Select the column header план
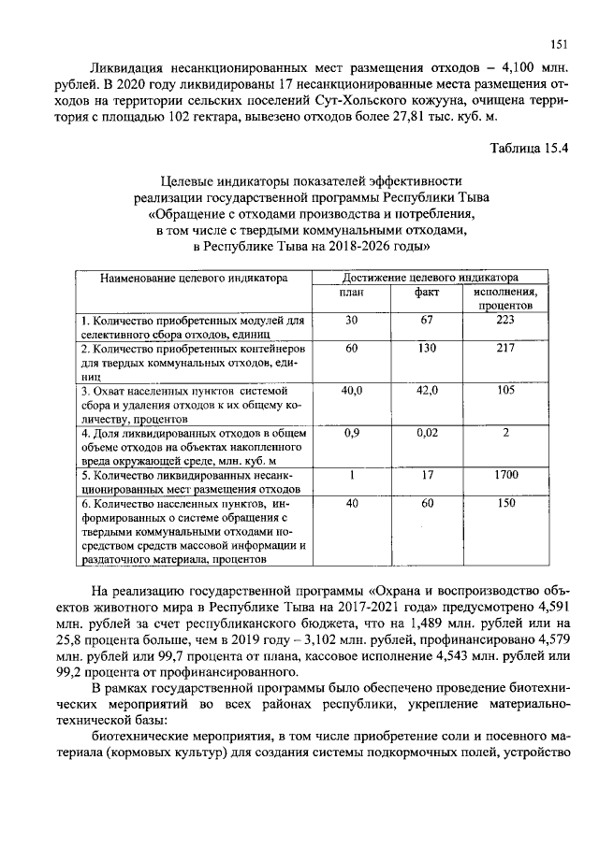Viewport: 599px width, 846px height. (352, 293)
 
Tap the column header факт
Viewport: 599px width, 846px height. (428, 293)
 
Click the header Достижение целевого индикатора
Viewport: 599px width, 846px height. (431, 278)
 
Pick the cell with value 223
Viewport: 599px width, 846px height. (506, 321)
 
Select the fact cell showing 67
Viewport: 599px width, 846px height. (428, 321)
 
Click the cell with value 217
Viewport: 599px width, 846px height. (506, 348)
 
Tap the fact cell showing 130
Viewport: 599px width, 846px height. (428, 348)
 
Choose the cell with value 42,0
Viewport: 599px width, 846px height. (428, 390)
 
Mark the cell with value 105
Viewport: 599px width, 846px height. (506, 390)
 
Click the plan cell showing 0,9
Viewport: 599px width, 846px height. (352, 433)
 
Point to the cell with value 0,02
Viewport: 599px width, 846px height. (428, 433)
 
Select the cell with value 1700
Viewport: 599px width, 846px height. (506, 475)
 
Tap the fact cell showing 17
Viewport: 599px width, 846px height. (428, 475)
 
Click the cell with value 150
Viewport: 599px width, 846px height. (506, 503)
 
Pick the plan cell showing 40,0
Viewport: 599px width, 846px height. (352, 390)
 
